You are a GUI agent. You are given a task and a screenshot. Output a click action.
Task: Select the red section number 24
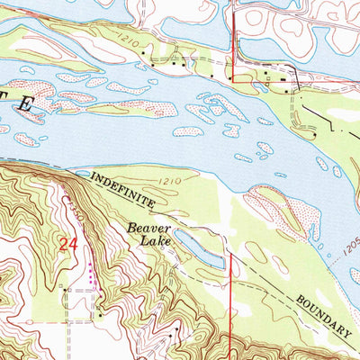tap(67, 244)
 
